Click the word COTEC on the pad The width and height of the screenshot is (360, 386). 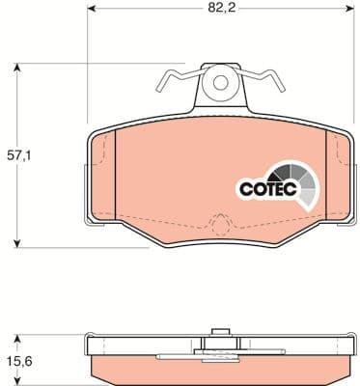[261, 190]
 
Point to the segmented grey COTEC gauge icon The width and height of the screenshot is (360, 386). [293, 184]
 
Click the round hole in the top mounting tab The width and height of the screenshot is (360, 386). [221, 84]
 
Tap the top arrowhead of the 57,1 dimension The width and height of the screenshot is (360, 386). [18, 67]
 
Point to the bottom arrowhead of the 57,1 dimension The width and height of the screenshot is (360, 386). [18, 244]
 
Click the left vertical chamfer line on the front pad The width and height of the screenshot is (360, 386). [115, 179]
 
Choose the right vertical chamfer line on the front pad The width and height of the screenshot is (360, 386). [330, 179]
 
